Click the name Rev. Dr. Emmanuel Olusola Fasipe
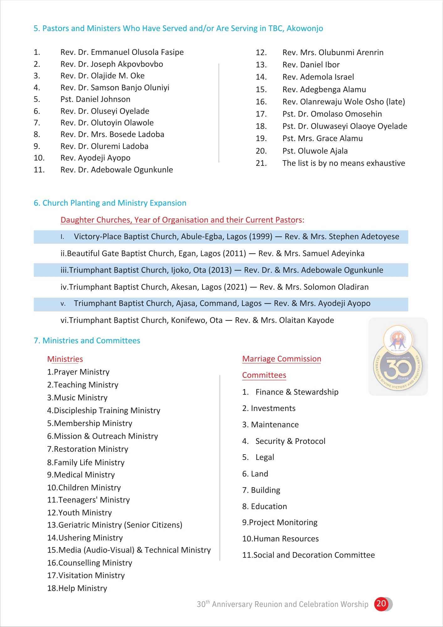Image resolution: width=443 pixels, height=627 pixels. (x=122, y=52)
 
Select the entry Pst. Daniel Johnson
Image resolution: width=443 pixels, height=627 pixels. (x=95, y=99)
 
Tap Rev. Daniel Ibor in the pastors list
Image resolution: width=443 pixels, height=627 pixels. (x=311, y=65)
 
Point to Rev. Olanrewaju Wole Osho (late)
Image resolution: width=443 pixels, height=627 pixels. (x=343, y=102)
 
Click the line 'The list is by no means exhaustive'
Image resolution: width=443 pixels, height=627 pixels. (x=343, y=163)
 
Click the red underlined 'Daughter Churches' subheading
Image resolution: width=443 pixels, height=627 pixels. (x=182, y=220)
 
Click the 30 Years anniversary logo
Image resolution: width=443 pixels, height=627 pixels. (x=398, y=357)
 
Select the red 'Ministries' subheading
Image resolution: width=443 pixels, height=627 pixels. (x=65, y=359)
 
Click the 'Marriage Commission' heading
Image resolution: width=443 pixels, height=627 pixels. (x=281, y=359)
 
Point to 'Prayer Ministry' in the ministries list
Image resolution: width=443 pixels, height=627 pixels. (x=78, y=372)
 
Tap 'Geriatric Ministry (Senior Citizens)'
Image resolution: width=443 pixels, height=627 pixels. (x=115, y=525)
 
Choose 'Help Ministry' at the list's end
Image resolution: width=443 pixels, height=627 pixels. (x=77, y=588)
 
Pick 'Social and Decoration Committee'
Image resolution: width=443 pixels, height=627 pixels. (x=308, y=555)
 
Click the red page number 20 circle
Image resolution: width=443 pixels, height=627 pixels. (x=381, y=603)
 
